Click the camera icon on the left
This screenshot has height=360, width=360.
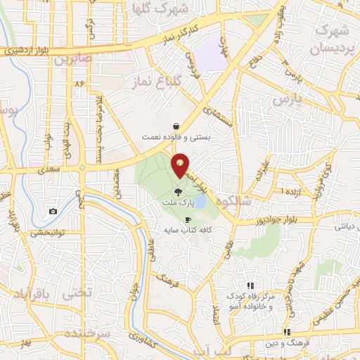pyautogui.click(x=53, y=211)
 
